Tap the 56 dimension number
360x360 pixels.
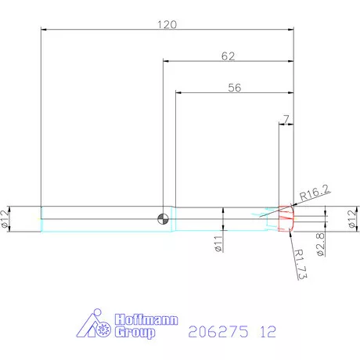coord(234,88)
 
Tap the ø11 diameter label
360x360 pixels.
coord(219,243)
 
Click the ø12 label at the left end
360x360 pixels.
coord(7,220)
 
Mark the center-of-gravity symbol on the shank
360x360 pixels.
coord(163,218)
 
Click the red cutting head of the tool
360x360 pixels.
coord(285,219)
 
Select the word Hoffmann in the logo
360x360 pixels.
coord(146,320)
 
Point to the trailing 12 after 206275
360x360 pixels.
coord(268,332)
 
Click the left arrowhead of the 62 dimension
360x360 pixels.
coord(166,62)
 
